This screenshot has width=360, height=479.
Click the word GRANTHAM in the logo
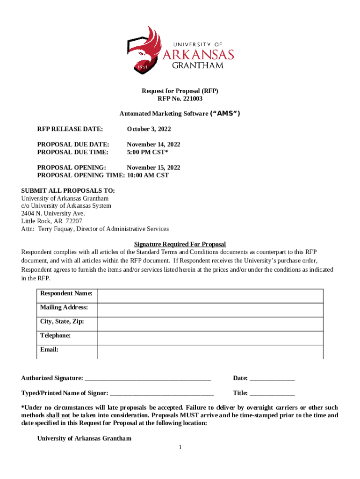(x=198, y=65)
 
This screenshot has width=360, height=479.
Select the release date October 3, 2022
(x=149, y=129)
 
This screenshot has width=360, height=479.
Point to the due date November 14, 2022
(x=153, y=145)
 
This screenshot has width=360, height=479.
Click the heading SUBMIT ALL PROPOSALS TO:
(x=68, y=191)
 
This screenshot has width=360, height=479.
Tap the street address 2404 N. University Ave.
(x=53, y=213)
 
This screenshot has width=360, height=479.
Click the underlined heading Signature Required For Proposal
(x=180, y=244)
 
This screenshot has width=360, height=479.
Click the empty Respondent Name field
(x=210, y=296)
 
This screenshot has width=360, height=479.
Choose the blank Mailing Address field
(x=210, y=310)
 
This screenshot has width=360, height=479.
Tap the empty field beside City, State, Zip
(x=210, y=324)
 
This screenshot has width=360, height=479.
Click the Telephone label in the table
(x=56, y=335)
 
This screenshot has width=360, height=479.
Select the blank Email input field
(x=210, y=352)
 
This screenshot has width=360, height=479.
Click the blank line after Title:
(x=272, y=394)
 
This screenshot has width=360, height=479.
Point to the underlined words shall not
(x=58, y=415)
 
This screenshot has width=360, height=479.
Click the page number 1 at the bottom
(x=180, y=448)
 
